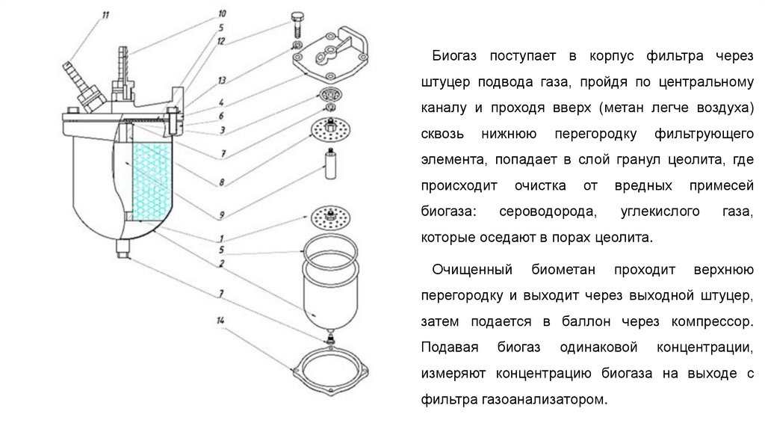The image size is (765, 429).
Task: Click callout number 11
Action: pyautogui.click(x=105, y=14)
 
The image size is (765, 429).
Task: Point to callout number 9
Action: pyautogui.click(x=222, y=215)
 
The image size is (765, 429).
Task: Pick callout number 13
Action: pyautogui.click(x=222, y=79)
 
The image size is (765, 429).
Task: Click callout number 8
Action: pyautogui.click(x=222, y=181)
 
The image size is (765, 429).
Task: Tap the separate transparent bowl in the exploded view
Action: pyautogui.click(x=329, y=291)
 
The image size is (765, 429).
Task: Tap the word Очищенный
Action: pyautogui.click(x=472, y=268)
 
